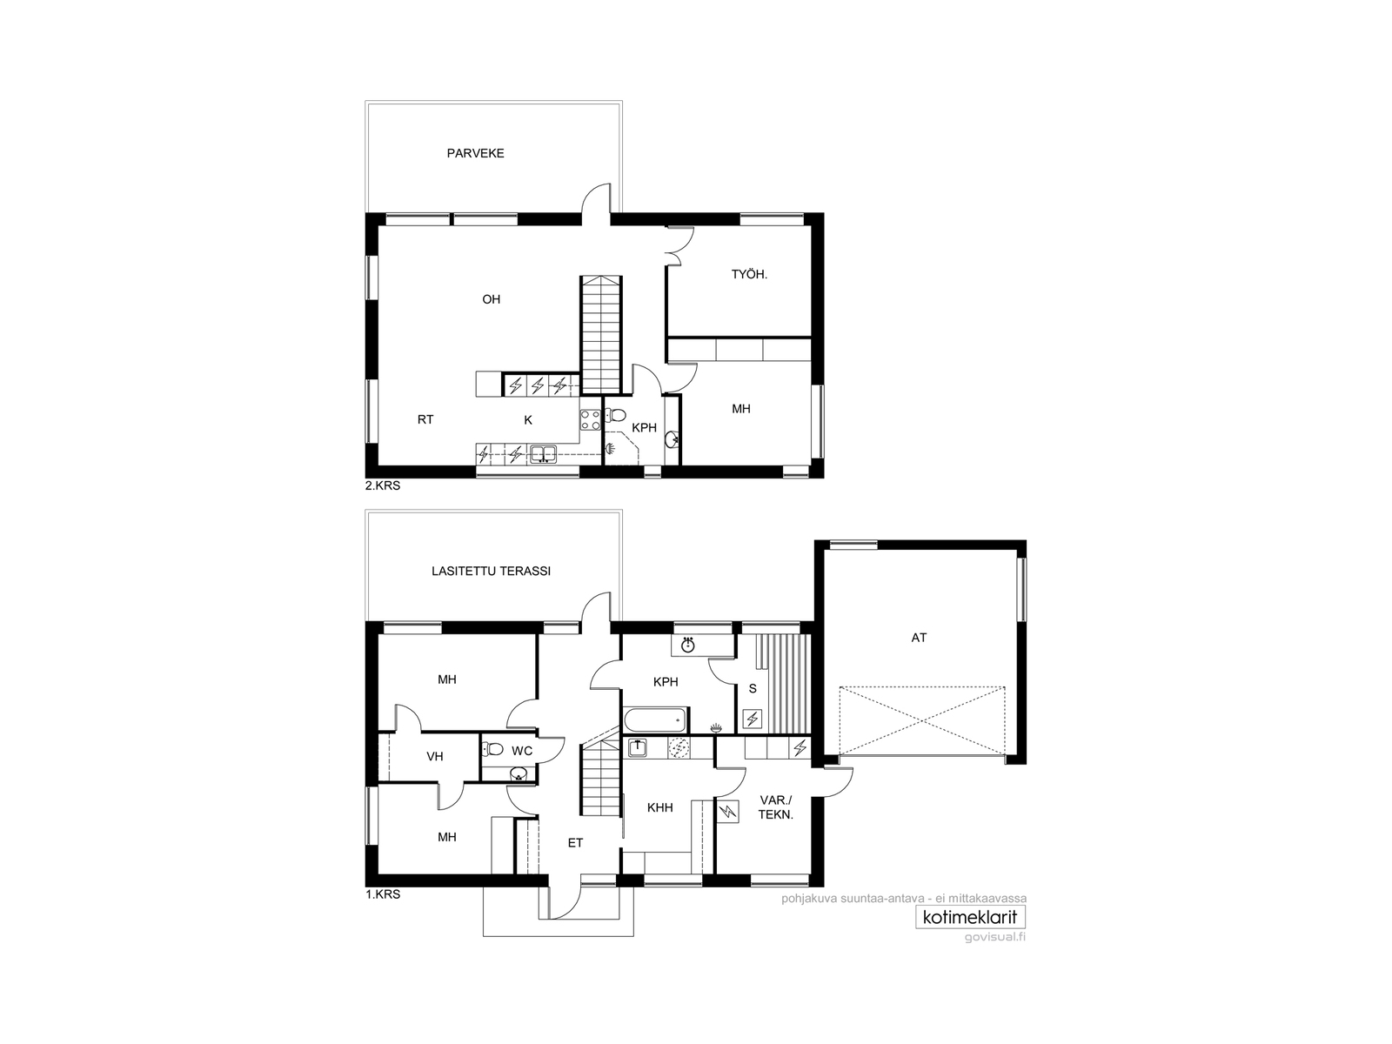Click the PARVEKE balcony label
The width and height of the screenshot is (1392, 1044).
[x=475, y=153]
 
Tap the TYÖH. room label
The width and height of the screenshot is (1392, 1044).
[x=749, y=275]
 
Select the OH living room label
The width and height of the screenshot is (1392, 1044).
[x=491, y=299]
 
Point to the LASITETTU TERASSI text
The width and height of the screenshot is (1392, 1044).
[x=491, y=571]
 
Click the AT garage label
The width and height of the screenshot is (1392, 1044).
[x=918, y=638]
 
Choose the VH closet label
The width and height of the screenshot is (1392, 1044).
[x=434, y=756]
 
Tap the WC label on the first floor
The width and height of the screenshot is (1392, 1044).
[x=522, y=751]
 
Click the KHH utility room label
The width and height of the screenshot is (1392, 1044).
[x=659, y=807]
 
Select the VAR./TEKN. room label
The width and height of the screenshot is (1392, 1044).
[x=775, y=807]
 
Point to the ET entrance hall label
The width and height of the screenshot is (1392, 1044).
[x=574, y=843]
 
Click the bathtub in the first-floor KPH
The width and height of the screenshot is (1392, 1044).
[x=655, y=720]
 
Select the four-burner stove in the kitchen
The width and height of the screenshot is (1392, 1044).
[x=591, y=419]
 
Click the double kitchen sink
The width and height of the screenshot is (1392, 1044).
[x=544, y=453]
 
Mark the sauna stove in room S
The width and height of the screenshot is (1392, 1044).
[x=753, y=719]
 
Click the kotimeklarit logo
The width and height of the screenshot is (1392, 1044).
[x=970, y=917]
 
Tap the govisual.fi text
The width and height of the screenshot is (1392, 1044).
[x=994, y=937]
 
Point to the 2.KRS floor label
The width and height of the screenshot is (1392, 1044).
[x=383, y=486]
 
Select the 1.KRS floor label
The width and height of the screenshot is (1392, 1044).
[x=383, y=895]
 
